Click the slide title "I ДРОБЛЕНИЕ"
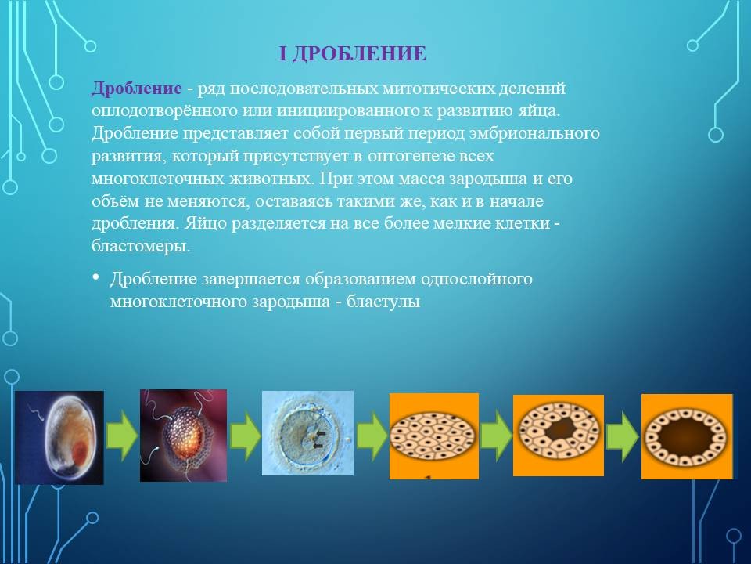[x=353, y=53]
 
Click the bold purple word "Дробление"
[x=136, y=89]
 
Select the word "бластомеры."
[x=141, y=247]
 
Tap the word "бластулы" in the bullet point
[x=383, y=301]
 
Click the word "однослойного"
[x=476, y=279]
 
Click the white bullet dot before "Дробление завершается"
[x=95, y=277]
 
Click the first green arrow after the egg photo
[x=122, y=436]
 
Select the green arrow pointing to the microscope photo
[x=245, y=436]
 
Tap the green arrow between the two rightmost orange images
[x=622, y=436]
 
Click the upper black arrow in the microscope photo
[x=321, y=434]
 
